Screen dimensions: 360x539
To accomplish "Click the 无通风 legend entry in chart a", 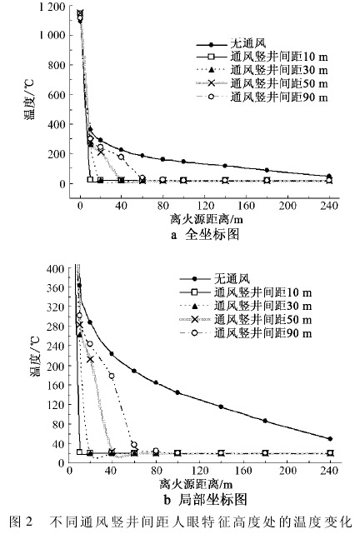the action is click(231, 43).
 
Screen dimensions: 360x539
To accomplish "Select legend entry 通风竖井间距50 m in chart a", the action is click(262, 83).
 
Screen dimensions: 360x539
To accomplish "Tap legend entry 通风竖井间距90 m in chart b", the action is click(246, 333).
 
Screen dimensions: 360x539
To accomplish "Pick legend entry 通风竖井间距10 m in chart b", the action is click(246, 292).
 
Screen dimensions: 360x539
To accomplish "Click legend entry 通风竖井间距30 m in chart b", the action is click(246, 306).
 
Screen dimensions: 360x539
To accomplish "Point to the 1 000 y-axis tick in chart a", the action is click(52, 35).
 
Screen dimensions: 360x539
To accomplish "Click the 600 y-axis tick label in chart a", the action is click(57, 94).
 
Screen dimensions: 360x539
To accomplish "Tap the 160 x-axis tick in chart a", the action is click(246, 206).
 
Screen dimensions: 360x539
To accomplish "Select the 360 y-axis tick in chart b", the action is click(55, 287).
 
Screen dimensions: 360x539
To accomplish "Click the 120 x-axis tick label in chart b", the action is click(200, 470).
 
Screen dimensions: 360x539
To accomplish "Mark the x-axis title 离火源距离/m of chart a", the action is click(207, 219).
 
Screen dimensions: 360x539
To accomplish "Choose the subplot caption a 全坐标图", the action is click(205, 234).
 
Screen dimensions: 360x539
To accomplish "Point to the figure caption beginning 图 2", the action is click(181, 522).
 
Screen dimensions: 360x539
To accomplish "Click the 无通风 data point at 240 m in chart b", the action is click(330, 439).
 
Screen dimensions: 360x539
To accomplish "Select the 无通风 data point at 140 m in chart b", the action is click(221, 407).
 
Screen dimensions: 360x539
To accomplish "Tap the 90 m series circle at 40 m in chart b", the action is click(112, 376).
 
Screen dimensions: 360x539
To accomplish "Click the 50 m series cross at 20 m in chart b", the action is click(90, 359).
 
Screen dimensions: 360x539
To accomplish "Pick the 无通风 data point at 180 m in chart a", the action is click(267, 170).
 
